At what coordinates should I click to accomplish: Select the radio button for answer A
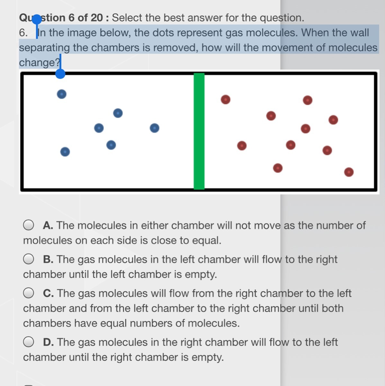coord(28,225)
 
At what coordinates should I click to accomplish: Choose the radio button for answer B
coord(28,259)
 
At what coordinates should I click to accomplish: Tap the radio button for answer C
coord(28,293)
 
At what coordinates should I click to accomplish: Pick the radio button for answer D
coord(28,342)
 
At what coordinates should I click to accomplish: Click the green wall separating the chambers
coord(199,131)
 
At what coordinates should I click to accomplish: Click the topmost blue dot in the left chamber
coord(62,94)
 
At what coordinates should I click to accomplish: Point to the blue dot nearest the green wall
coord(155,128)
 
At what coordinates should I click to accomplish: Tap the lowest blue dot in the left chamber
coord(65,152)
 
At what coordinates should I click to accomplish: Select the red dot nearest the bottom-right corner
coord(349,172)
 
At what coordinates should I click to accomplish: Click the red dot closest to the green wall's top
coord(226,99)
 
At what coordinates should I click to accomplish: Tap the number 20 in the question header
coord(97,18)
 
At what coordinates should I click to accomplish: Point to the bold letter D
coord(49,342)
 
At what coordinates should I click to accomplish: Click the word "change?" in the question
coord(40,62)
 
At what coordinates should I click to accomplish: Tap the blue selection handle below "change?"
coord(60,74)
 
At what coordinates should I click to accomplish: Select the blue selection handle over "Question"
coord(37,19)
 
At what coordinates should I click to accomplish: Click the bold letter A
coord(48,225)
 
